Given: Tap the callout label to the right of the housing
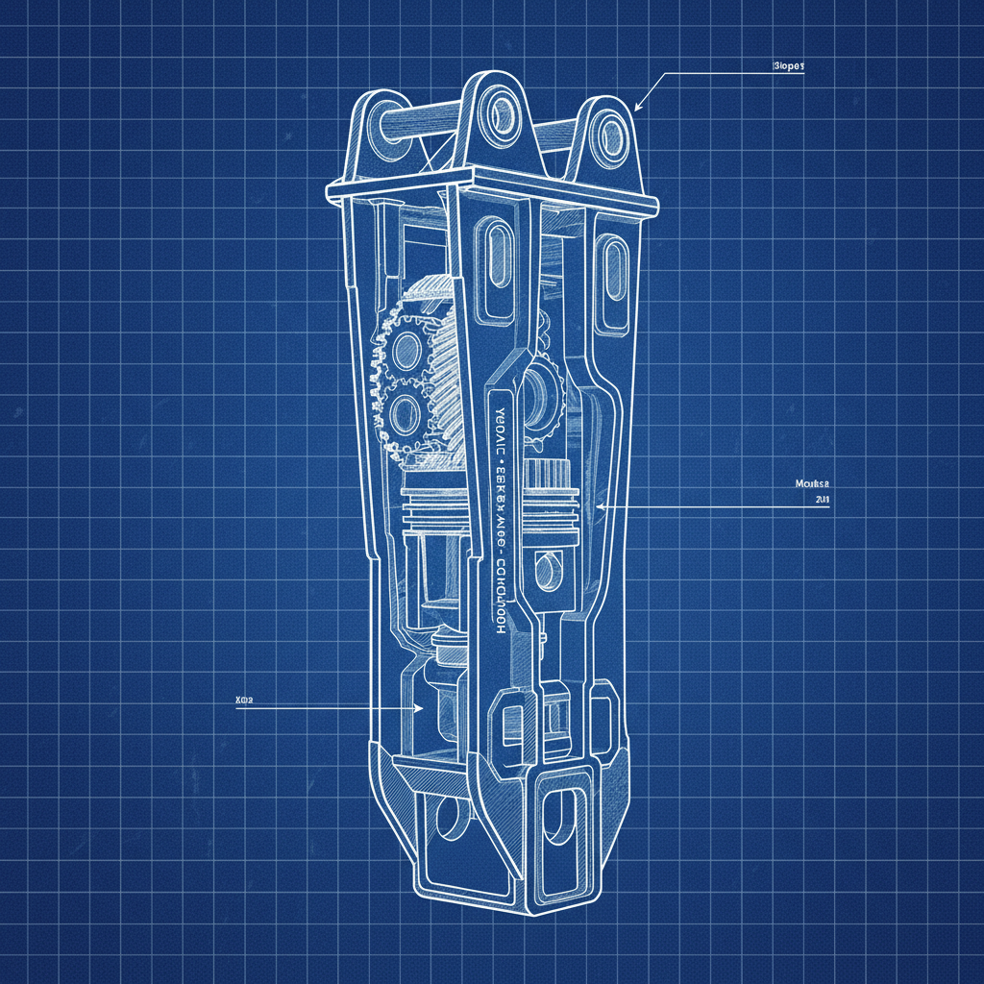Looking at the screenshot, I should [x=812, y=483].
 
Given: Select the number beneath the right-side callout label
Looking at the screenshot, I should [x=822, y=501].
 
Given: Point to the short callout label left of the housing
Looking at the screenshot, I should [x=243, y=701].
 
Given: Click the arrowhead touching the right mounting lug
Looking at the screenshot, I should [x=637, y=108].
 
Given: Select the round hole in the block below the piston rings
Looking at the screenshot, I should [x=545, y=572].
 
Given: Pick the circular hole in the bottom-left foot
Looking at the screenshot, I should [x=447, y=818].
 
